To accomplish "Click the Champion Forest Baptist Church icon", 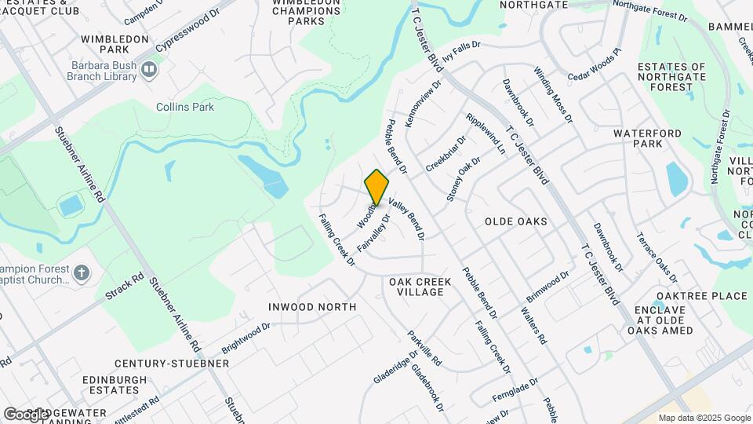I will (82, 273).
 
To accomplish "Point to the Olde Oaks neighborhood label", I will (515, 221).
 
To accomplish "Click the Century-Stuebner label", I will (172, 364).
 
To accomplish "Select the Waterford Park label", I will (638, 139).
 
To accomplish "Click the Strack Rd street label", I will (125, 288).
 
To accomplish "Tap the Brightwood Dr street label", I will (246, 335).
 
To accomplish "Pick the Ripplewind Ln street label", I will (486, 133).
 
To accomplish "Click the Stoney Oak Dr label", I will (463, 180).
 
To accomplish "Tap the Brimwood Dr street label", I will (548, 288).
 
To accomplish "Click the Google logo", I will (25, 414).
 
